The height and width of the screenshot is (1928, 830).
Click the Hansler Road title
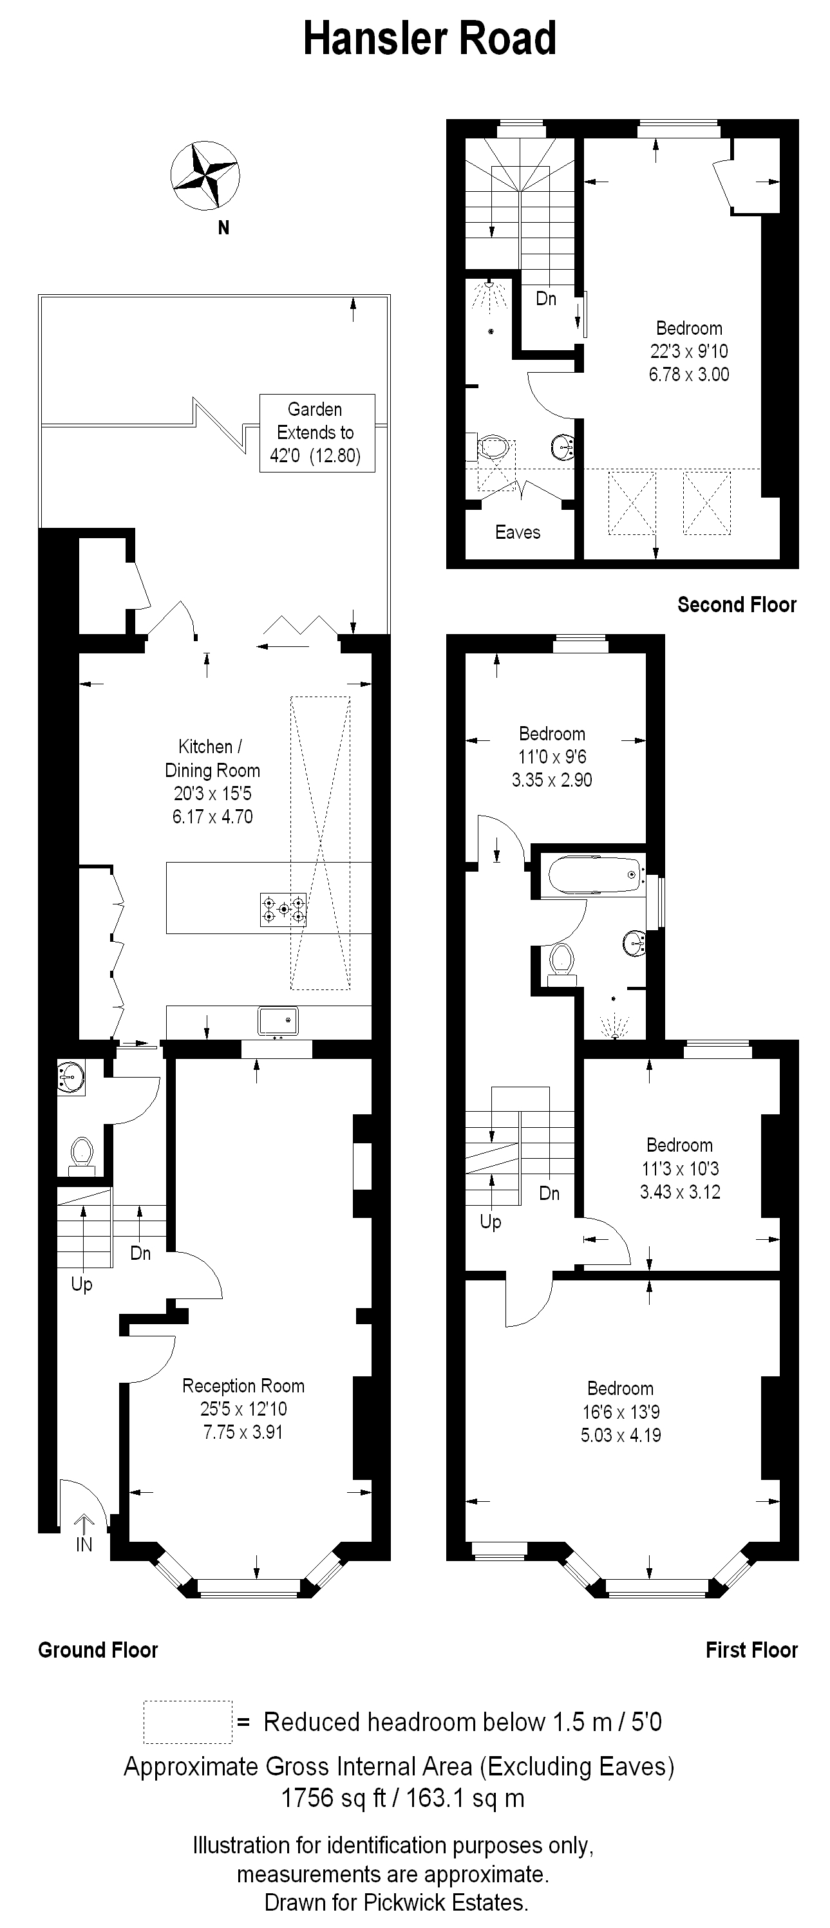pos(429,39)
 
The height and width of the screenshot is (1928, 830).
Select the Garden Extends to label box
pos(317,433)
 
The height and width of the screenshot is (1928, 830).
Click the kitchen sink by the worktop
pos(278,1022)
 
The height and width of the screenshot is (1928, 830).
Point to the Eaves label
pos(518,532)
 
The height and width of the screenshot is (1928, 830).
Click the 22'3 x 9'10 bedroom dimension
pos(689,351)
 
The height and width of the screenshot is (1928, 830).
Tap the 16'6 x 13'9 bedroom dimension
pos(621,1412)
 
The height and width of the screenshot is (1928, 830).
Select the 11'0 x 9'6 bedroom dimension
pos(552,756)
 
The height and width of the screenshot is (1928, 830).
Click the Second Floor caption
pos(737,604)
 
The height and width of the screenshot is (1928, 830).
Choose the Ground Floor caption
pos(98,1651)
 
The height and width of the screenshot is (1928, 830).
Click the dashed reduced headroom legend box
pos(188,1722)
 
